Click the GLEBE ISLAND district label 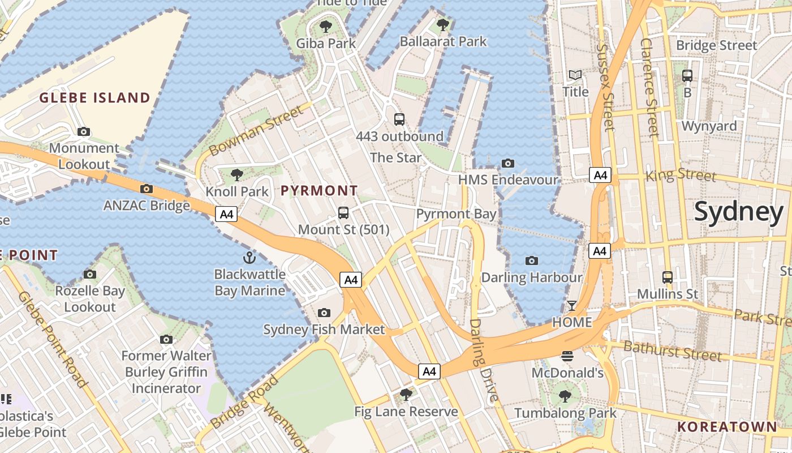94,98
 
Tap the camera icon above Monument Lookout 84,132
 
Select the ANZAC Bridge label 147,205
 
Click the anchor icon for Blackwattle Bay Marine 249,258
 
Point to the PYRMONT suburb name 319,191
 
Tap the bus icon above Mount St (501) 343,213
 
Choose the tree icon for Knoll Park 237,175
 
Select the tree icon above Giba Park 326,26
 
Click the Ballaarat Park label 443,41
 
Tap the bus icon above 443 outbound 399,119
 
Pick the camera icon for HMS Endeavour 508,164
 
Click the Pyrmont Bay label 456,214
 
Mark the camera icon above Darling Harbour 531,260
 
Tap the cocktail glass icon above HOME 572,306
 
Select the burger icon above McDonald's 567,356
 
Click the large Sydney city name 738,212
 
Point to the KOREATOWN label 727,427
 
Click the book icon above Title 575,75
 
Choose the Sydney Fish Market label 324,330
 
